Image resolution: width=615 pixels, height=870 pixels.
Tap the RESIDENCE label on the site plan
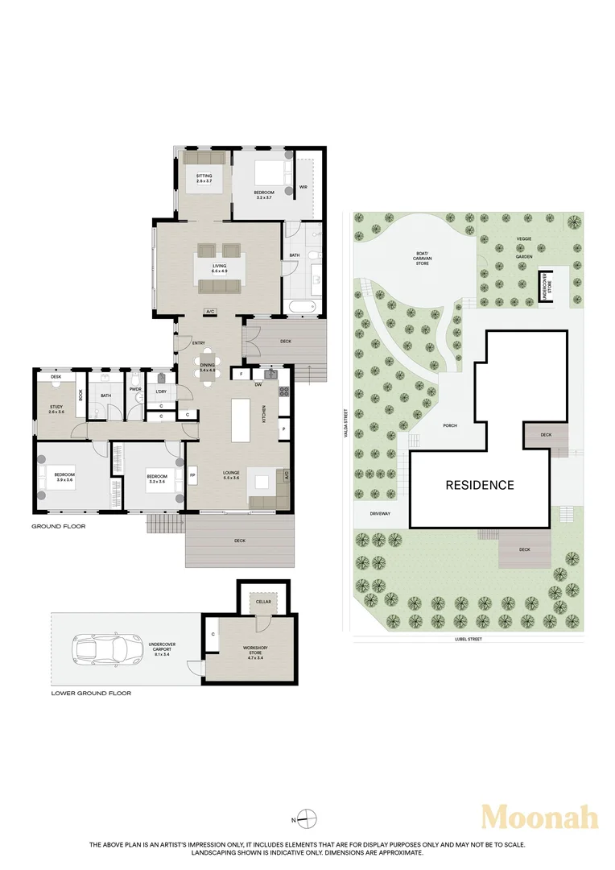click(480, 485)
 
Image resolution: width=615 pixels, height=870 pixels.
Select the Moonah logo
click(540, 817)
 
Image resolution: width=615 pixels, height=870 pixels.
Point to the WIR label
click(303, 187)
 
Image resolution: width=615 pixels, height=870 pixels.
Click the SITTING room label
click(204, 178)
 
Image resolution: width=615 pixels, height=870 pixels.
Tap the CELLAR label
click(262, 601)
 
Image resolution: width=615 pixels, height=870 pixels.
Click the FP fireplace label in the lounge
click(192, 475)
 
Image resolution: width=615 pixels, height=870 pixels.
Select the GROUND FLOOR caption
click(58, 526)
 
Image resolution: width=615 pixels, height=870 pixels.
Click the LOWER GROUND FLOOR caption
click(91, 693)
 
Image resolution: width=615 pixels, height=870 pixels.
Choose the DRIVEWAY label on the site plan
click(381, 512)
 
